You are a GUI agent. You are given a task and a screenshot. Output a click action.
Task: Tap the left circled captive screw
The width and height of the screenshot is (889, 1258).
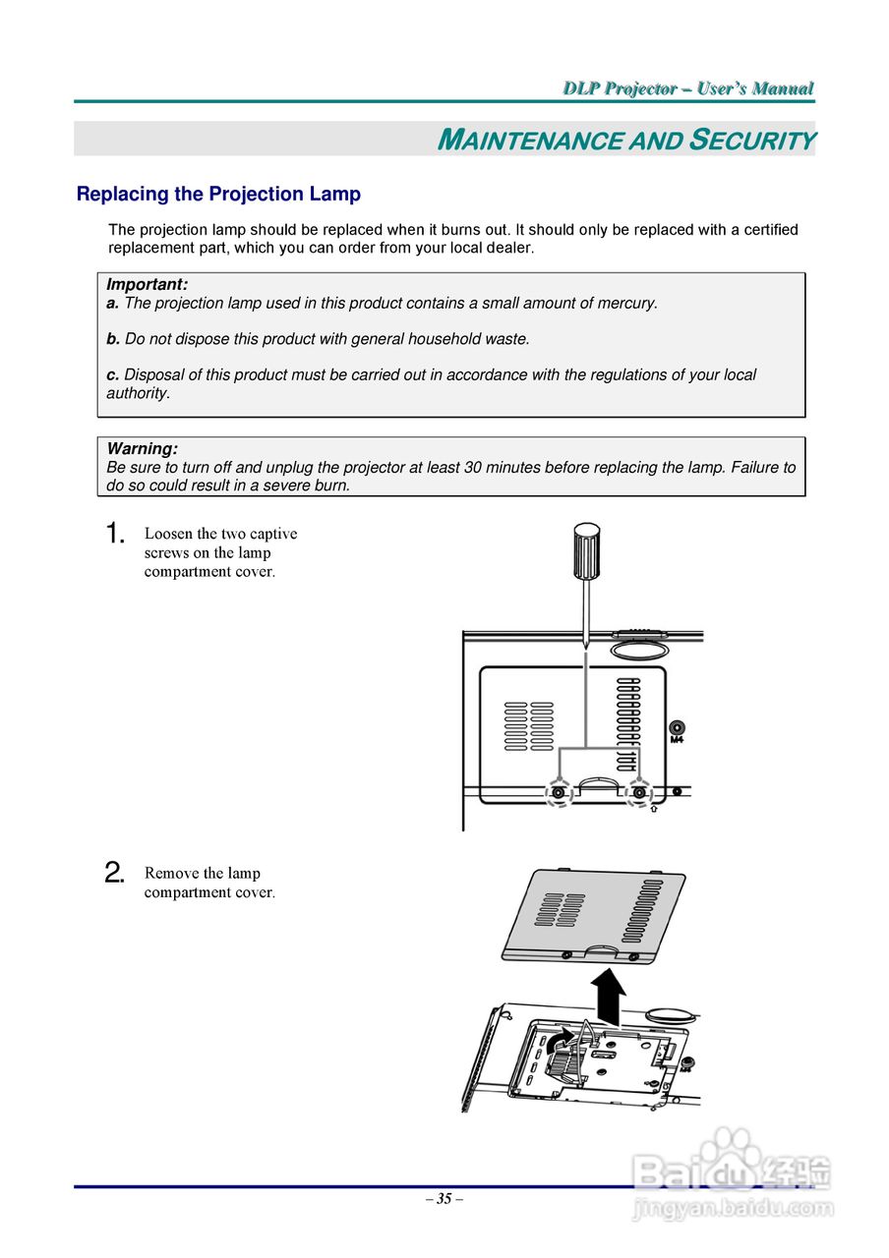(x=559, y=792)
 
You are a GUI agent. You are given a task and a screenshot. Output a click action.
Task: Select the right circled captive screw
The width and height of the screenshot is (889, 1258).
(x=640, y=792)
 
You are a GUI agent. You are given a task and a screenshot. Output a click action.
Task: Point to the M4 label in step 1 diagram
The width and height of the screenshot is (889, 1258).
(x=677, y=740)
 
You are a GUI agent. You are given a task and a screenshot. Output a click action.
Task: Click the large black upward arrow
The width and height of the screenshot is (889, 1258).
(x=611, y=995)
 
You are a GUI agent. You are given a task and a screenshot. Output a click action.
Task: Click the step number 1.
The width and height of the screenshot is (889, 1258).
(x=115, y=535)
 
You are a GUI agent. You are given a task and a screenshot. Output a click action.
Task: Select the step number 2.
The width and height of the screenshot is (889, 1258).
(x=115, y=874)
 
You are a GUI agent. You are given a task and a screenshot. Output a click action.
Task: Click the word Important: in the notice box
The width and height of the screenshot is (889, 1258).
(x=147, y=285)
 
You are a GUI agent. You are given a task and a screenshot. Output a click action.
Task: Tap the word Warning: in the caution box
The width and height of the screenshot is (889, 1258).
(x=142, y=449)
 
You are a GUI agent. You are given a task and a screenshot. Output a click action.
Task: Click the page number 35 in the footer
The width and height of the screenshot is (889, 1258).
(x=444, y=1199)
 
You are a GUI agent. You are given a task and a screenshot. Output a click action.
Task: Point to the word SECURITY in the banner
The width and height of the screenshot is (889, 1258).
(x=752, y=141)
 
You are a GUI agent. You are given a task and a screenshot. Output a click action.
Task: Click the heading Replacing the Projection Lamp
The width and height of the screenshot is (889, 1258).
(x=218, y=195)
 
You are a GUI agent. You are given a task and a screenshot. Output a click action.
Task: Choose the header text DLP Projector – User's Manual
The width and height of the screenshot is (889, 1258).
(x=688, y=89)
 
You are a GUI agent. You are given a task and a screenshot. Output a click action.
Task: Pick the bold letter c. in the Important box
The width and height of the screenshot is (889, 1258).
(x=113, y=375)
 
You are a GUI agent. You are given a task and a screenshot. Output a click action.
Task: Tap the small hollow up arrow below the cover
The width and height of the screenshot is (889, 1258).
(x=654, y=811)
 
